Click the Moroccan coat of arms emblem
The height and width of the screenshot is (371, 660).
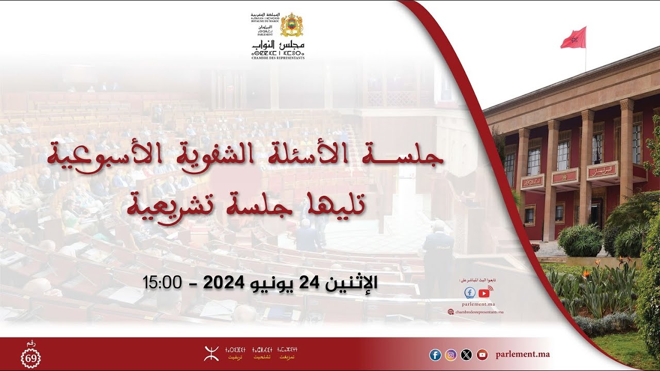(291, 25)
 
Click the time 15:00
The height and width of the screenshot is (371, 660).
(162, 282)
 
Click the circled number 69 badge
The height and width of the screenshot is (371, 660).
(30, 358)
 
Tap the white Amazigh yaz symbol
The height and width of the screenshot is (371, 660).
(211, 353)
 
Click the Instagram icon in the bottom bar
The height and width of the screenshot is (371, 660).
(451, 355)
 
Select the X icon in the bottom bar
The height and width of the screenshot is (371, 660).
(466, 355)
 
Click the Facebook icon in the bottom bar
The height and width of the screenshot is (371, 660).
(435, 355)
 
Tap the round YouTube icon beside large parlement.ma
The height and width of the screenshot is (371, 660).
(482, 355)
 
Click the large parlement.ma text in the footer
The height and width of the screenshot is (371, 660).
(522, 355)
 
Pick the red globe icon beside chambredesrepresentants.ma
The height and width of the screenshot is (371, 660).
(451, 312)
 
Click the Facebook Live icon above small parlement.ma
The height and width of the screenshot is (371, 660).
(470, 293)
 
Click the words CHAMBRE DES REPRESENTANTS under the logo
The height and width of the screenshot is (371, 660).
(277, 58)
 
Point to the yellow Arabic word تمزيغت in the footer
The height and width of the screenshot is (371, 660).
(287, 357)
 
